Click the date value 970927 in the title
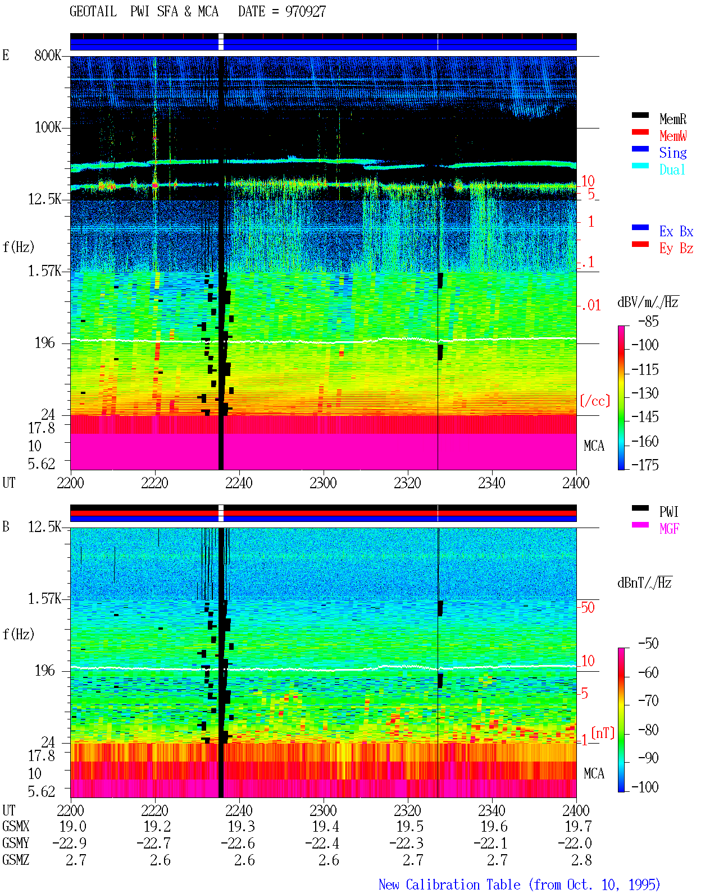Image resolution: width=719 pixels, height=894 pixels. [x=305, y=12]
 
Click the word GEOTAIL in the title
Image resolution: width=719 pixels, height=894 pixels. [x=93, y=12]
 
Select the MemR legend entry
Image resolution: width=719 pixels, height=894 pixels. [x=672, y=119]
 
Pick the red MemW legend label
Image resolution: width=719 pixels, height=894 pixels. [x=672, y=136]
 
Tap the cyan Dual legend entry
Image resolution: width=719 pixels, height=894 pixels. [x=672, y=169]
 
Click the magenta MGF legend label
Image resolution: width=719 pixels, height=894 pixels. [x=669, y=529]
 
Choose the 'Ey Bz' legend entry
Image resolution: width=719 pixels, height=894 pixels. [x=676, y=249]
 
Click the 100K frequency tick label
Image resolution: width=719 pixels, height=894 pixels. [x=48, y=127]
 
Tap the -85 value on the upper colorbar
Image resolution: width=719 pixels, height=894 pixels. [x=648, y=321]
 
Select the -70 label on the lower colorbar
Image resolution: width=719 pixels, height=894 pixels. [x=648, y=700]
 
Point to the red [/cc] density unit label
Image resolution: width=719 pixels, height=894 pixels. [x=595, y=401]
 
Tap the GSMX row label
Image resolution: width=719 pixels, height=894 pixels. [x=16, y=826]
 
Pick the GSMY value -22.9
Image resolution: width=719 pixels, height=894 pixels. [x=70, y=843]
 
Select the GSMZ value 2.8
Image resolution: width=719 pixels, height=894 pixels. [x=581, y=860]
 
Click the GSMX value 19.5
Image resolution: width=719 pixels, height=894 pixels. [x=409, y=826]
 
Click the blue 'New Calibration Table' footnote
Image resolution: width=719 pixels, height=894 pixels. [x=449, y=884]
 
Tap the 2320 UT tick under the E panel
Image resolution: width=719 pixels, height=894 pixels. [x=407, y=483]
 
